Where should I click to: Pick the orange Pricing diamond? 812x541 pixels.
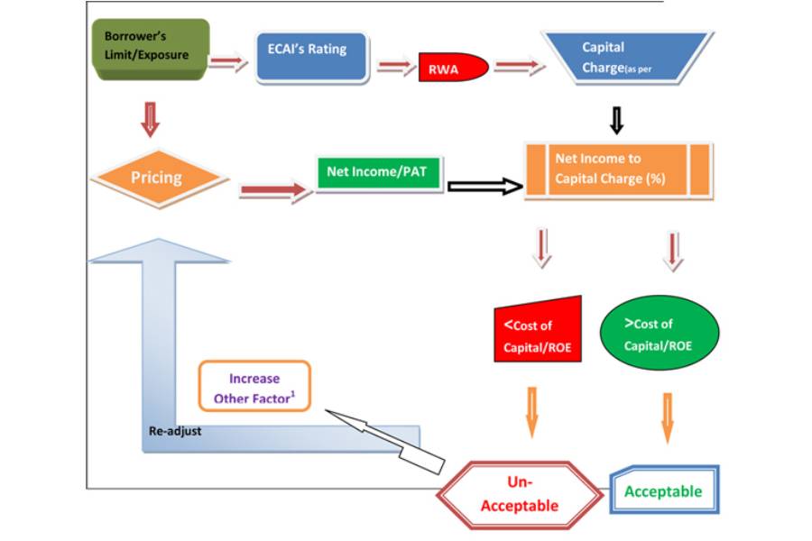coord(159,178)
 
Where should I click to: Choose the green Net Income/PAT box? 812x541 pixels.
coord(378,171)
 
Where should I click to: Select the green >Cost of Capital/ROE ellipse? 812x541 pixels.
coord(660,331)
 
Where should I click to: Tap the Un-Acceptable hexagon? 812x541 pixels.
coord(520,492)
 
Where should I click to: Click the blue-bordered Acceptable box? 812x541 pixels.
coord(664,491)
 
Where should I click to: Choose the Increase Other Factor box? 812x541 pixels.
coord(254,387)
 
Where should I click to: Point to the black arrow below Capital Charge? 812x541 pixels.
coord(617,118)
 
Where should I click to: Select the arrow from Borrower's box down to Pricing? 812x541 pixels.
coord(151,118)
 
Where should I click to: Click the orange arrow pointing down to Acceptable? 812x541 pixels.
coord(668,416)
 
